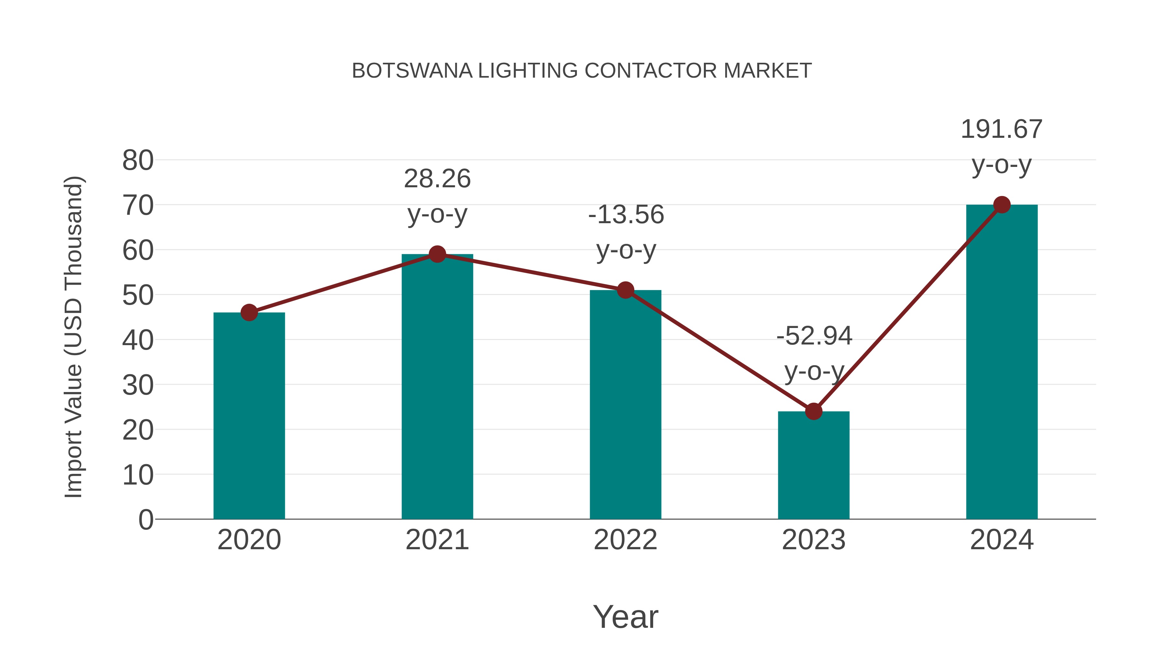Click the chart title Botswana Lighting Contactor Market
[582, 71]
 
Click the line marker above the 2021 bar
[437, 255]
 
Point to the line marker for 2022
[625, 290]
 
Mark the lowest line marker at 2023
[814, 411]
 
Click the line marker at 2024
[1002, 205]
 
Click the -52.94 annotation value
[814, 336]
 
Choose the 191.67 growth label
[1001, 130]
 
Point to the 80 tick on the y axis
[138, 160]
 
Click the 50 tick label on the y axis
[138, 296]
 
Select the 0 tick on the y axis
[146, 520]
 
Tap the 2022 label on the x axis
[625, 540]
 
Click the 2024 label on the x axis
[1002, 540]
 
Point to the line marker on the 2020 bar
[249, 312]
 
